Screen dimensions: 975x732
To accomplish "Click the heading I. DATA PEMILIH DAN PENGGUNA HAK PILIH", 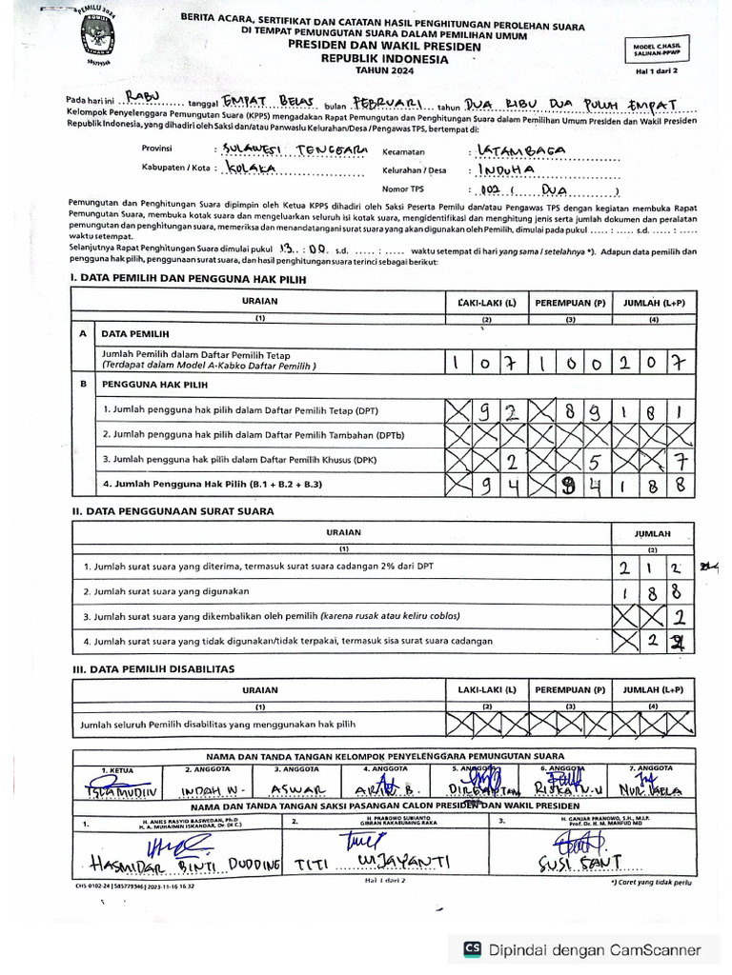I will (x=190, y=277).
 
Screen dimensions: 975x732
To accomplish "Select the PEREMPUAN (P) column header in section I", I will (x=569, y=303).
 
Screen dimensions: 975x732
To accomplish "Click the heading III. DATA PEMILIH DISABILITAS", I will (x=153, y=668).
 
